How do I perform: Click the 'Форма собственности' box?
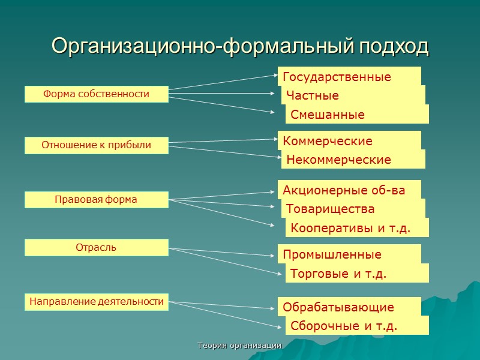click(96, 94)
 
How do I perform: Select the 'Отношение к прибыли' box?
click(96, 145)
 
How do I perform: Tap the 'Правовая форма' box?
click(96, 200)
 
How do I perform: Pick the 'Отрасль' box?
click(96, 247)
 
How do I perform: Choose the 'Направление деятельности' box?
click(96, 302)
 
